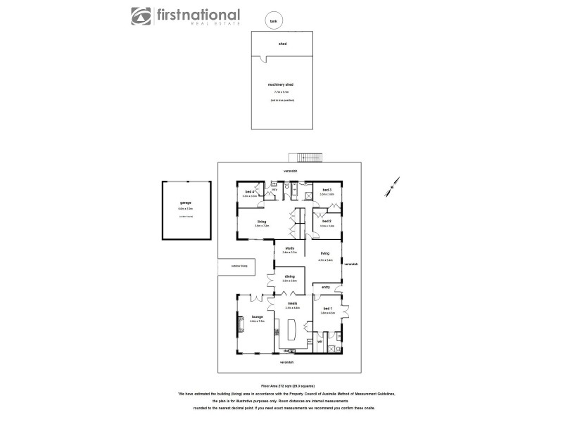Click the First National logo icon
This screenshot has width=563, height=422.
coord(140,15)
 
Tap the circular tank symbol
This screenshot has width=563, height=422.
coord(272,20)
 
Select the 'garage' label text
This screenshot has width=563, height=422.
coord(186,204)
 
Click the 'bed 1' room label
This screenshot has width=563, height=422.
coord(328,309)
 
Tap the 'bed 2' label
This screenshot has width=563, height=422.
coord(327,222)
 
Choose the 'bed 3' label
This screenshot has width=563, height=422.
coord(327,190)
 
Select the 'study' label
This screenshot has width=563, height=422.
coord(289,248)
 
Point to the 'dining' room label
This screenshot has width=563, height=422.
coord(289,276)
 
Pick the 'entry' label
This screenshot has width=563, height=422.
coord(326,287)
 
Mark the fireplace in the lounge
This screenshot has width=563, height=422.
coord(241,324)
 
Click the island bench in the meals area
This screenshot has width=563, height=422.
coord(291,328)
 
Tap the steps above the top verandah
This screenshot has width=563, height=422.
coord(310,157)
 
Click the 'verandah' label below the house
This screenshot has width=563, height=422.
coord(285,362)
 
